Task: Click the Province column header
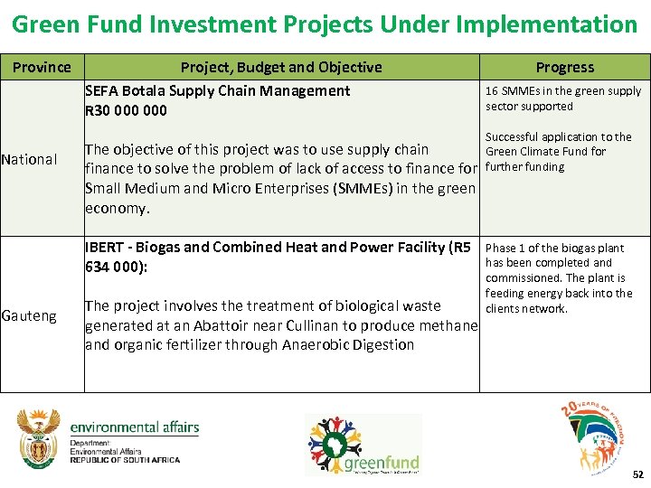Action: pyautogui.click(x=42, y=67)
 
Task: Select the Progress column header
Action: pyautogui.click(x=564, y=67)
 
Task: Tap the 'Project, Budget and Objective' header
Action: pyautogui.click(x=281, y=67)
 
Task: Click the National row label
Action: pyautogui.click(x=29, y=160)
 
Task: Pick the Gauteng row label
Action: pyautogui.click(x=29, y=315)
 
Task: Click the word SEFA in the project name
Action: pyautogui.click(x=103, y=90)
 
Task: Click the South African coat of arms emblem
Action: pyautogui.click(x=39, y=438)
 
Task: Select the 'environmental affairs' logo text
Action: pyautogui.click(x=134, y=427)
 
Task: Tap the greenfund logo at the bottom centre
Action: pyautogui.click(x=362, y=445)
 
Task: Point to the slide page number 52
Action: pyautogui.click(x=637, y=474)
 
